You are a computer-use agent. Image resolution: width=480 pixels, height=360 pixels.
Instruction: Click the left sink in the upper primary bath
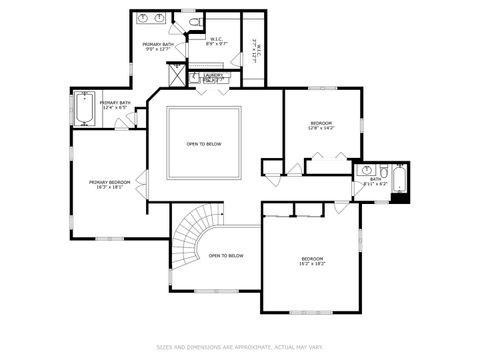pyautogui.click(x=142, y=18)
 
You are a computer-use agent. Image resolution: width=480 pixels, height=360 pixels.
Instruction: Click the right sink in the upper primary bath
pyautogui.click(x=160, y=18)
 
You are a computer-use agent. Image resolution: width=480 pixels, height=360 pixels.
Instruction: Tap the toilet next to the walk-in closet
pyautogui.click(x=196, y=21)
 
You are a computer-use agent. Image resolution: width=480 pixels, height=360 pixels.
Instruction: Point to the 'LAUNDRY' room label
pyautogui.click(x=213, y=74)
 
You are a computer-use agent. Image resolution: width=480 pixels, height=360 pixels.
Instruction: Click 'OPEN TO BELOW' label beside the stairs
pyautogui.click(x=226, y=256)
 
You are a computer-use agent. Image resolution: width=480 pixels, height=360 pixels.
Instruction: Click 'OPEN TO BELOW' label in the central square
pyautogui.click(x=204, y=144)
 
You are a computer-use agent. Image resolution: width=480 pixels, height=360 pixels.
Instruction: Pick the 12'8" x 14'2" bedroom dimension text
pyautogui.click(x=322, y=128)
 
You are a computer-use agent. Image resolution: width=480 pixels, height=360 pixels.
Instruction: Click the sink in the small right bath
pyautogui.click(x=367, y=171)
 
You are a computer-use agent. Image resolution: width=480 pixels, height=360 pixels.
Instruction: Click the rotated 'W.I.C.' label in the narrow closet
pyautogui.click(x=255, y=45)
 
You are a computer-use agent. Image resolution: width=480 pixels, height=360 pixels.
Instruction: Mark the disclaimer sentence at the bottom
pyautogui.click(x=239, y=347)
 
